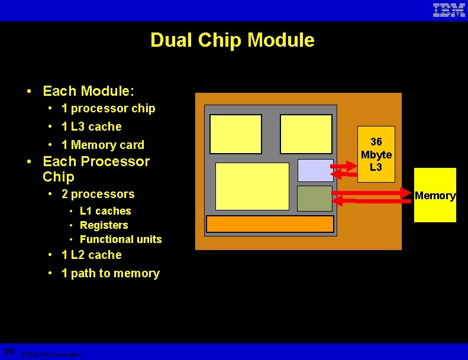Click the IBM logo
pyautogui.click(x=449, y=10)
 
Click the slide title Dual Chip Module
pyautogui.click(x=233, y=40)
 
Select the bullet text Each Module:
pyautogui.click(x=89, y=91)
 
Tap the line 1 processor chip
pyautogui.click(x=108, y=109)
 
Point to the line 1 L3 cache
pyautogui.click(x=92, y=127)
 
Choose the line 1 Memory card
pyautogui.click(x=103, y=145)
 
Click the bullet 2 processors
pyautogui.click(x=98, y=194)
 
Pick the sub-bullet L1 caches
pyautogui.click(x=105, y=211)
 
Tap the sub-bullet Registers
pyautogui.click(x=104, y=225)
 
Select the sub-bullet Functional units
pyautogui.click(x=121, y=239)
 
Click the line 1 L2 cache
pyautogui.click(x=92, y=255)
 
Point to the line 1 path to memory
pyautogui.click(x=111, y=273)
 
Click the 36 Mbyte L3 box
pyautogui.click(x=376, y=154)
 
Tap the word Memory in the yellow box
pyautogui.click(x=435, y=196)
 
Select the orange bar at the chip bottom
pyautogui.click(x=270, y=224)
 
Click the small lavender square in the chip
pyautogui.click(x=315, y=170)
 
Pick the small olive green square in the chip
pyautogui.click(x=315, y=199)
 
